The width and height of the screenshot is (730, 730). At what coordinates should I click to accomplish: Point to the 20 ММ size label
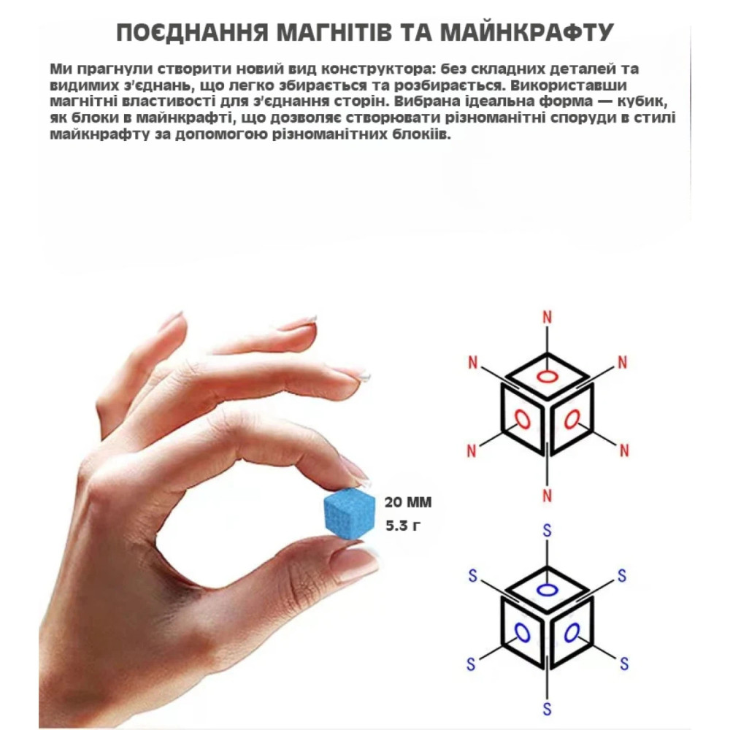coord(408,502)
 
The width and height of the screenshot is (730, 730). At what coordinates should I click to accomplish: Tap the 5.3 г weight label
coord(403,525)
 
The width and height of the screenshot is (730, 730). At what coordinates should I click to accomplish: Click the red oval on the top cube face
coord(547,377)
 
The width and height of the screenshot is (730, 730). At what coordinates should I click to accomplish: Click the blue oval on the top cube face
coord(547,589)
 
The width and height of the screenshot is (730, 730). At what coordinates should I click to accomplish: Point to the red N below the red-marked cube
coord(547,496)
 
